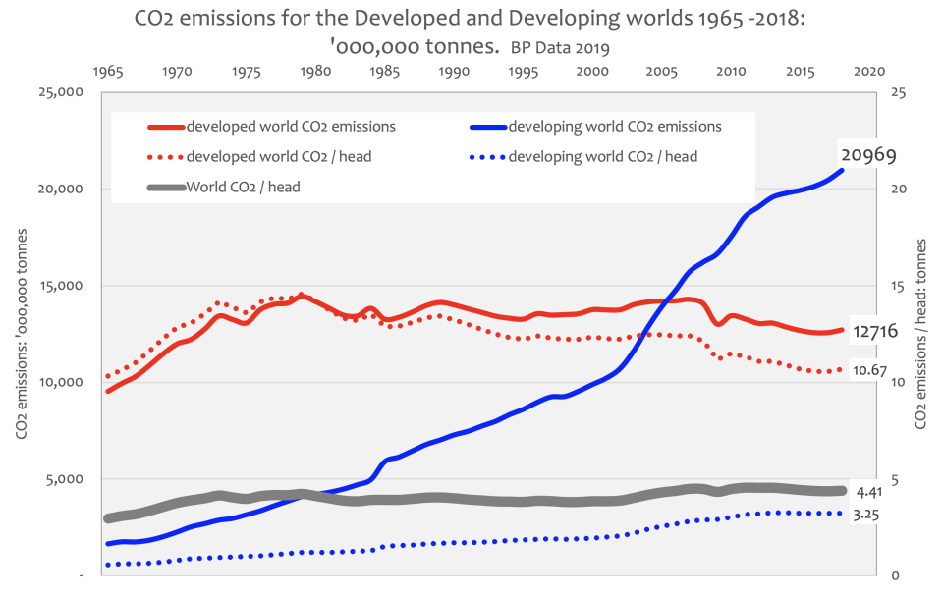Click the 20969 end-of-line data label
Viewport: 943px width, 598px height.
868,154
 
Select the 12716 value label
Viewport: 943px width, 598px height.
875,331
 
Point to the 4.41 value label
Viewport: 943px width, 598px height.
868,491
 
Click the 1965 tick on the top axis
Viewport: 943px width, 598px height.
107,72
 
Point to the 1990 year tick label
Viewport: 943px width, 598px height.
453,72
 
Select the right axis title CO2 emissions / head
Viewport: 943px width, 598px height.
920,335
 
